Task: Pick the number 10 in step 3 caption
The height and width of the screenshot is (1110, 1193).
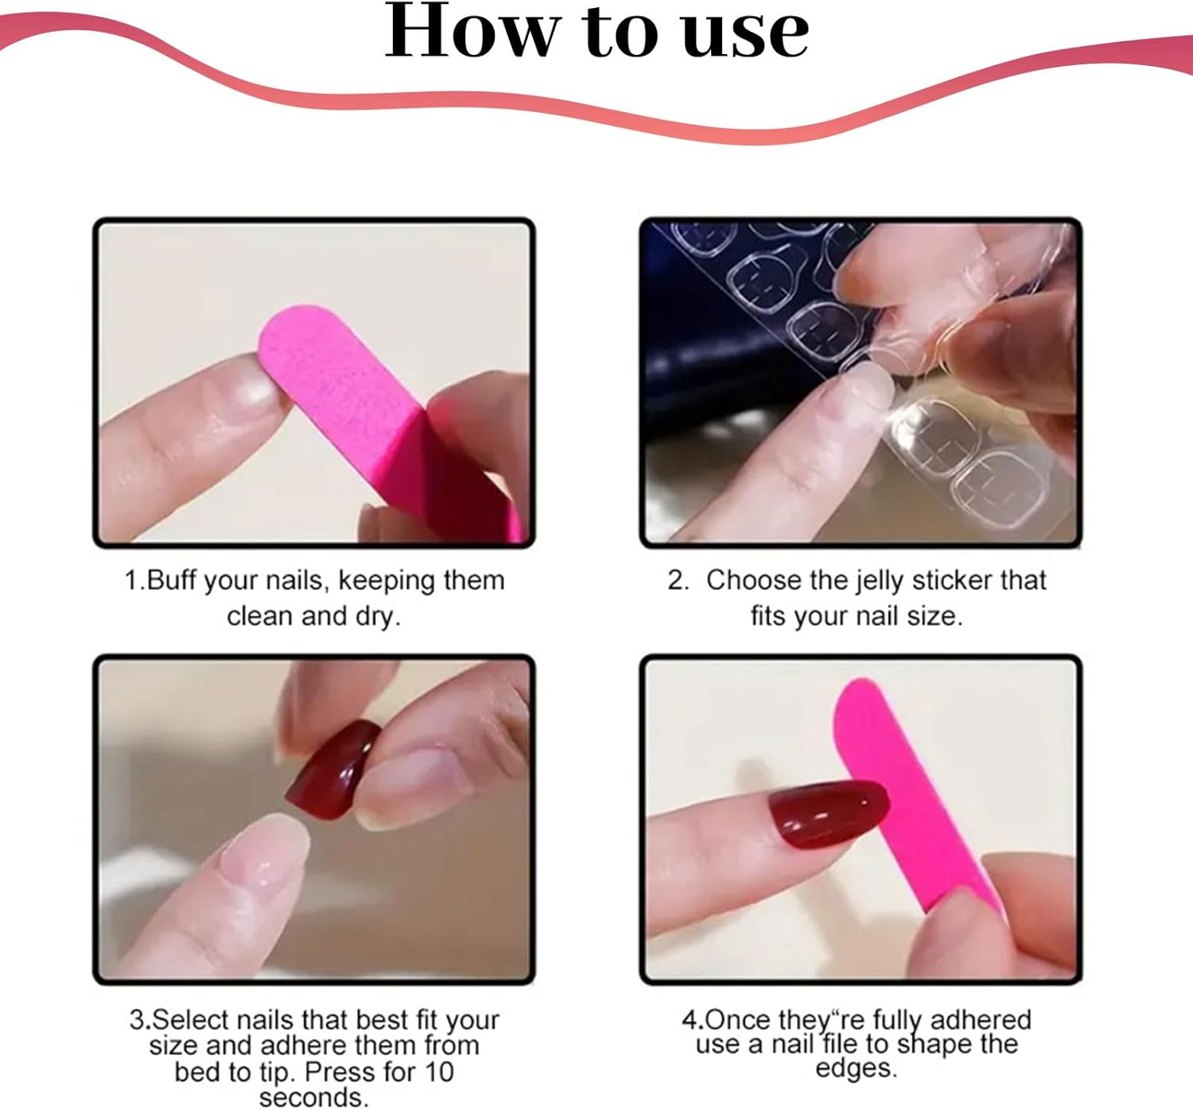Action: click(x=438, y=1072)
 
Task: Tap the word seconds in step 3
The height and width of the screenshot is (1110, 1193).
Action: click(x=313, y=1097)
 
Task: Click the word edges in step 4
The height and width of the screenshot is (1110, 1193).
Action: click(x=856, y=1068)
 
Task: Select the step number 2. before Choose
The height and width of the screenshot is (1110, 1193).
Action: click(x=678, y=580)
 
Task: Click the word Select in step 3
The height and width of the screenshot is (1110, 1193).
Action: click(x=192, y=1019)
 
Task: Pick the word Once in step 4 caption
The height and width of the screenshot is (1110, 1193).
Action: click(x=738, y=1019)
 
